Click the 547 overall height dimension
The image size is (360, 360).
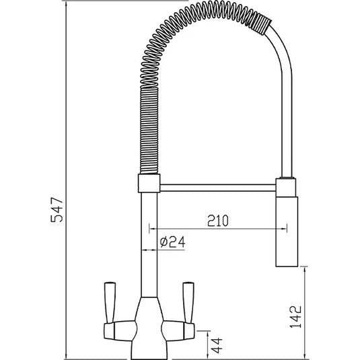click(58, 211)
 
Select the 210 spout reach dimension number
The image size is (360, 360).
click(216, 221)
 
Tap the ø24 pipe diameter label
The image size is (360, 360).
click(174, 243)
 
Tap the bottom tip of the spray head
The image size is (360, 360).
click(285, 265)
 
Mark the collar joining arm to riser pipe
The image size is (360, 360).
click(148, 183)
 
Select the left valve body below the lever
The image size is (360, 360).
click(121, 329)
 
